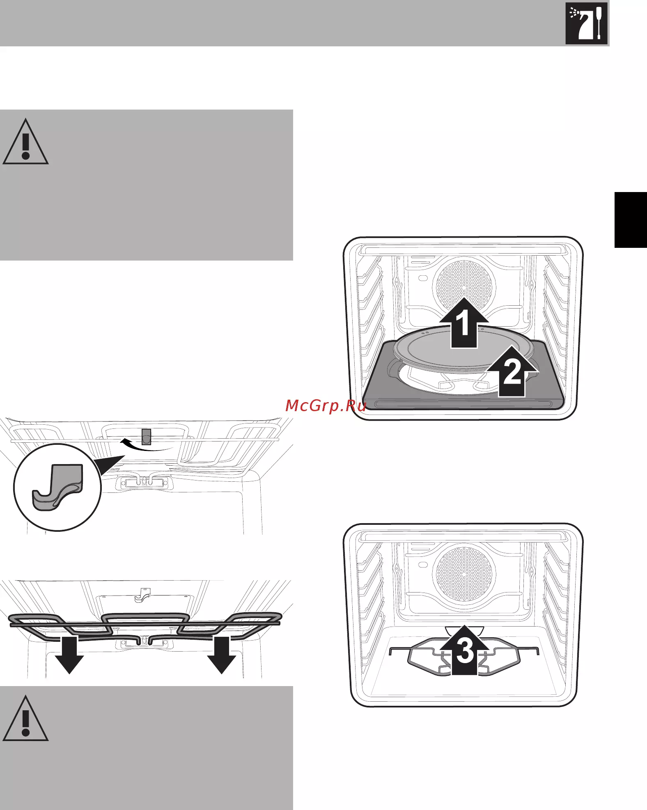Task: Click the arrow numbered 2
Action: pyautogui.click(x=512, y=371)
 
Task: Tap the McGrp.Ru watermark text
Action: pyautogui.click(x=326, y=405)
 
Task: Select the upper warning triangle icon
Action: pyautogui.click(x=25, y=142)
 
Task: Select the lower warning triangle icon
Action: pyautogui.click(x=25, y=718)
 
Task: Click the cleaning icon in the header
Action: pyautogui.click(x=586, y=23)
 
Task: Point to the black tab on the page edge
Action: pyautogui.click(x=631, y=220)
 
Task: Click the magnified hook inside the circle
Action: pyautogui.click(x=57, y=487)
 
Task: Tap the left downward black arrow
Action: pyautogui.click(x=69, y=654)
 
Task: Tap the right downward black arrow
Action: pyautogui.click(x=221, y=654)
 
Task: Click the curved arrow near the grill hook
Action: pyautogui.click(x=146, y=445)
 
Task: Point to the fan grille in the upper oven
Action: pyautogui.click(x=464, y=285)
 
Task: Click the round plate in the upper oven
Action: pyautogui.click(x=464, y=347)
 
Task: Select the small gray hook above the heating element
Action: pyautogui.click(x=142, y=595)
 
